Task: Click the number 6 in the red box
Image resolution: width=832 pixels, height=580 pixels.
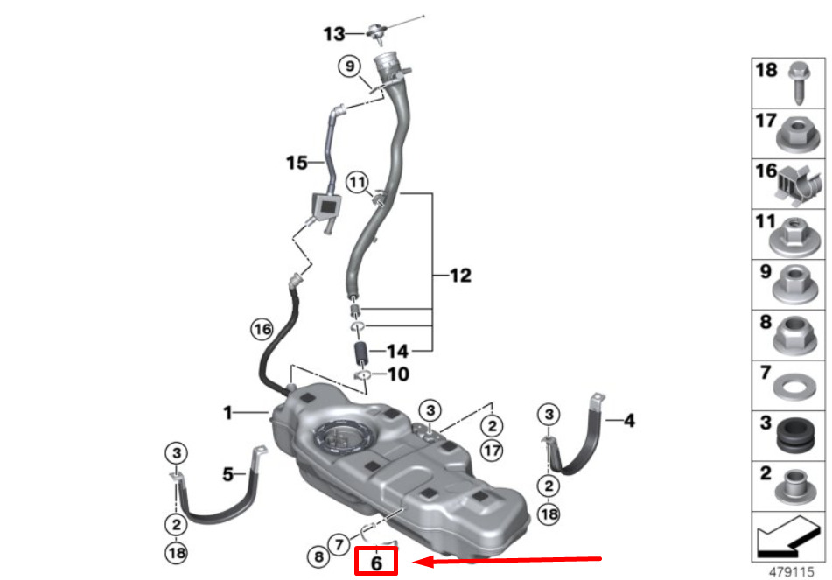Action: point(376,563)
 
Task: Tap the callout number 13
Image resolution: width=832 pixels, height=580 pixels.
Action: point(334,34)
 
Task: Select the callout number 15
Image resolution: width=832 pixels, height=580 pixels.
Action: point(297,162)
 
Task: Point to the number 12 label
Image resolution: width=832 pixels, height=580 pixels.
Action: point(460,276)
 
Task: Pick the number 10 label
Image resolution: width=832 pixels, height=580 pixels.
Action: point(398,374)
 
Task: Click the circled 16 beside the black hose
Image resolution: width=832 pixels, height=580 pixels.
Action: point(262,329)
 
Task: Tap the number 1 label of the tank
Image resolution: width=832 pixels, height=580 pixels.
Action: point(227,412)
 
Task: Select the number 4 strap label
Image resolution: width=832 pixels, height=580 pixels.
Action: point(628,421)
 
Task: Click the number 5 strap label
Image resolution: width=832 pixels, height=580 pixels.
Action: point(227,474)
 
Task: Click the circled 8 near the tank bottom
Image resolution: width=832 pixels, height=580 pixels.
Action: point(318,556)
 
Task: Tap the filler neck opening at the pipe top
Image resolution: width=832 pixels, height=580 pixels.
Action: point(390,63)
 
